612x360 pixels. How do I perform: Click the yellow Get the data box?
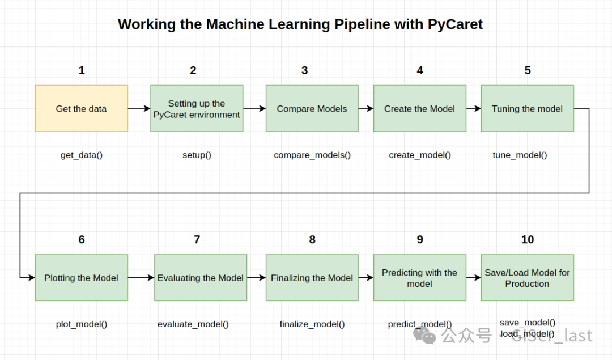(82, 108)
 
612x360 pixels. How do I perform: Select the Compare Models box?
(312, 108)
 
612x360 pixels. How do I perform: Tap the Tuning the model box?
(528, 108)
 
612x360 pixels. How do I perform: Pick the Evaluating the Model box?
(201, 278)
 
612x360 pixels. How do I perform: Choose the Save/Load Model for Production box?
(528, 278)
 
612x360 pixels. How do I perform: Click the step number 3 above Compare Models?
(304, 70)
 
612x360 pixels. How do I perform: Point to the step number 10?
(528, 239)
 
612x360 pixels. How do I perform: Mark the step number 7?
(197, 239)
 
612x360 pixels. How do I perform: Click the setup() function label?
(197, 155)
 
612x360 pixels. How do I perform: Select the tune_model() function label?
(520, 155)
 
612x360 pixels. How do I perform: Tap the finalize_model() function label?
(312, 324)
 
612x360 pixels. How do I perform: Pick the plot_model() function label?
(82, 324)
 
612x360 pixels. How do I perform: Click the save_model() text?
(528, 323)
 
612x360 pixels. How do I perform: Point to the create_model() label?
(420, 155)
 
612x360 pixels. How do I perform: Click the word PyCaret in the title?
(455, 24)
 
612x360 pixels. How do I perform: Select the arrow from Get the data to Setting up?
(139, 108)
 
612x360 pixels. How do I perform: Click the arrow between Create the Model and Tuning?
(473, 108)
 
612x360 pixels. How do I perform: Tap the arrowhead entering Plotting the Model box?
(31, 278)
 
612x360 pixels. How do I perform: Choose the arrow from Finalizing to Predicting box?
(366, 278)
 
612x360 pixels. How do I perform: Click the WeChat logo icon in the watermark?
(424, 336)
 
